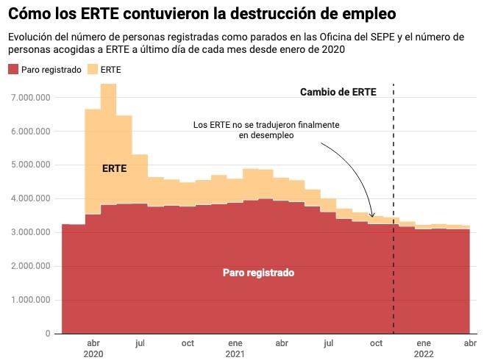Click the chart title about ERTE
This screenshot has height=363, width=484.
click(x=201, y=14)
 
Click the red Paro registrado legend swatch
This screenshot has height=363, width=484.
click(x=13, y=69)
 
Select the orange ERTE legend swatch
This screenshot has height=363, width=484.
click(x=92, y=69)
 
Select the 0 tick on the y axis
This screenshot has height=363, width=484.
click(x=48, y=334)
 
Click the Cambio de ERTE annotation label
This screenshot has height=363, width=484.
click(x=338, y=93)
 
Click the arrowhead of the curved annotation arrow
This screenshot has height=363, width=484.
click(x=373, y=216)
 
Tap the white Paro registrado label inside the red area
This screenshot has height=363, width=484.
click(x=258, y=273)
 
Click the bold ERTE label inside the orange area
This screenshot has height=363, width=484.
click(x=114, y=168)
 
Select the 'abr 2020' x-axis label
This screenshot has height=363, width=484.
click(x=93, y=348)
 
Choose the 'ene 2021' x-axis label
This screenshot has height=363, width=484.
click(x=235, y=348)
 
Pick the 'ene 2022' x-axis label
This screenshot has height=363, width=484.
click(x=424, y=348)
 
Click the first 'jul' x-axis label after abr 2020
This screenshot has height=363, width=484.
click(x=140, y=342)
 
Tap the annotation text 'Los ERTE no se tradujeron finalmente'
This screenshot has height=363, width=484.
click(x=266, y=125)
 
